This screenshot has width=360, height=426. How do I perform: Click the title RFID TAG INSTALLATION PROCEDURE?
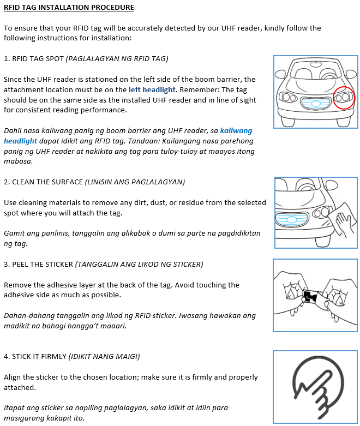tap(69, 8)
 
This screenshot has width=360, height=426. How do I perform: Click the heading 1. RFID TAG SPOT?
tap(33, 59)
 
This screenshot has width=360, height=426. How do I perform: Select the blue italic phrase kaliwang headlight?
tap(236, 131)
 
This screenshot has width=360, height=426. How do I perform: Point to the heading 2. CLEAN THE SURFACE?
tap(44, 182)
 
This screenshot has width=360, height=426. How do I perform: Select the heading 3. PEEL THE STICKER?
tap(38, 265)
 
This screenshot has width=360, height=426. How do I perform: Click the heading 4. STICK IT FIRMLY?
tap(35, 357)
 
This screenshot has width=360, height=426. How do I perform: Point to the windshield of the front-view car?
tap(315, 71)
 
